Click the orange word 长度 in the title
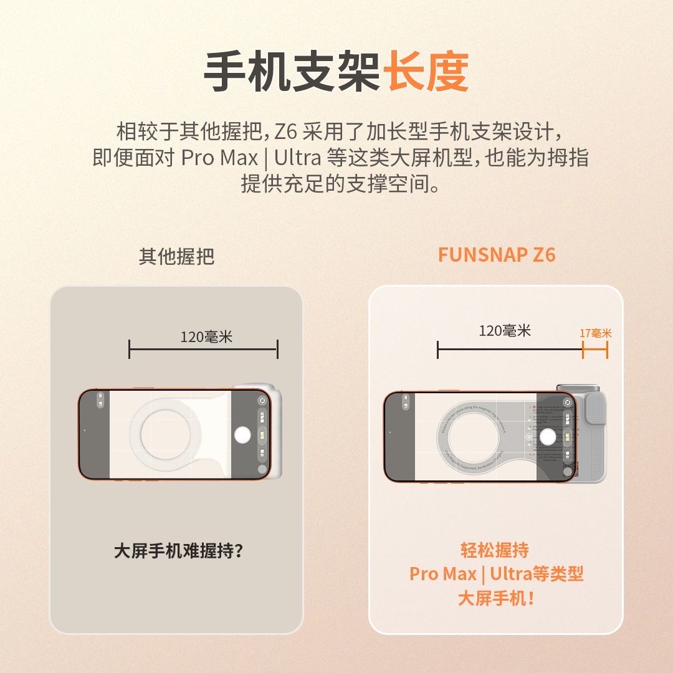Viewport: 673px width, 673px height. (x=426, y=72)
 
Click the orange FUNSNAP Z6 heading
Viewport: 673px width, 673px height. (x=496, y=255)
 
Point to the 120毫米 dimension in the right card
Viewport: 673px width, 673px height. (x=505, y=331)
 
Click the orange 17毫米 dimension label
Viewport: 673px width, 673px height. (x=596, y=333)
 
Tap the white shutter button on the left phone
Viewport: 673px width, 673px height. (x=244, y=435)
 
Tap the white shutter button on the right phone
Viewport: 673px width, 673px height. (x=548, y=437)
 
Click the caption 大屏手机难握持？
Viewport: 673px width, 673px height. (x=178, y=551)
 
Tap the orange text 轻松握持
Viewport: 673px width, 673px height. (x=495, y=550)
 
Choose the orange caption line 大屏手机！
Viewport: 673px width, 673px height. (x=496, y=599)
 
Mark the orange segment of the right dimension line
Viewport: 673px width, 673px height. (x=595, y=350)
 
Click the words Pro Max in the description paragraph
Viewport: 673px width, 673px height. (x=219, y=158)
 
